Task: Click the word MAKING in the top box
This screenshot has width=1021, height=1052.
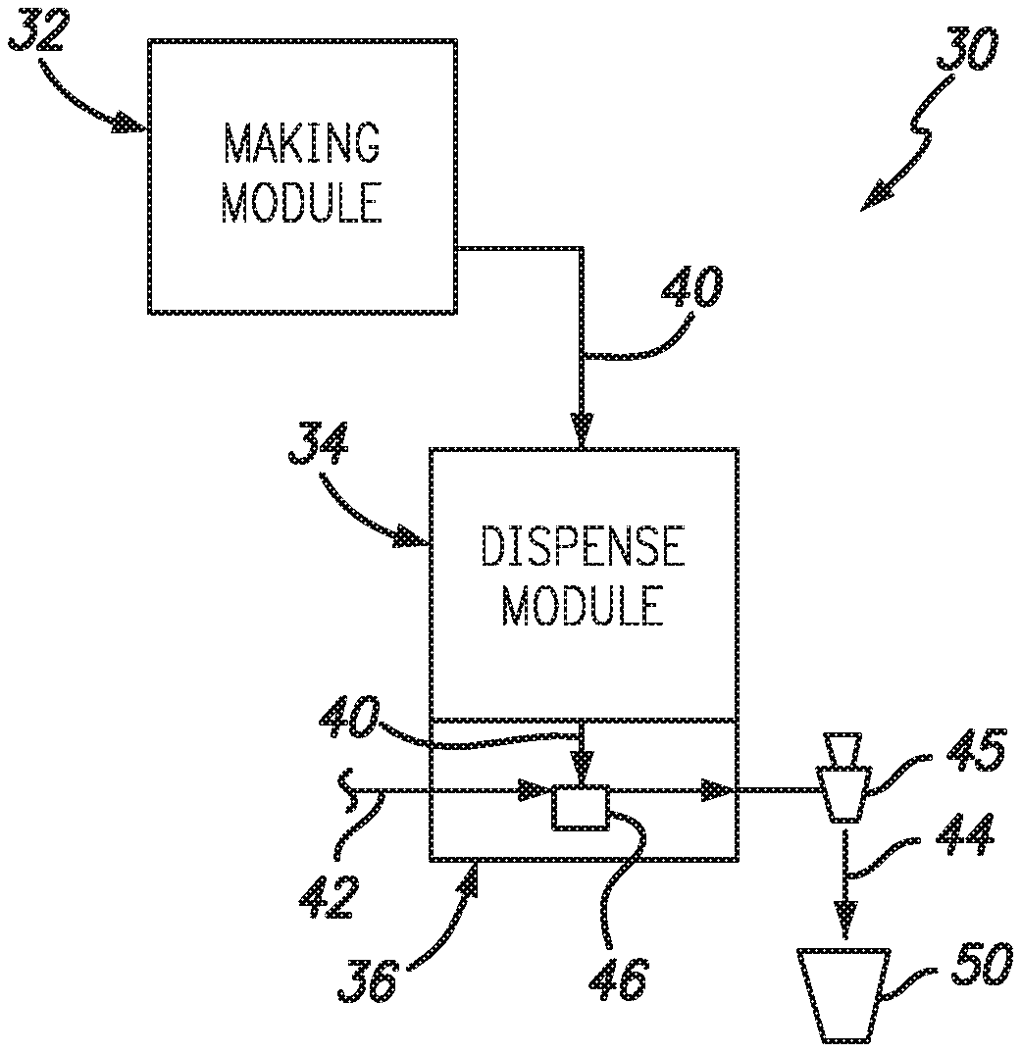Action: [301, 144]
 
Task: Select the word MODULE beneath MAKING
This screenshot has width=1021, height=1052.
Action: [301, 203]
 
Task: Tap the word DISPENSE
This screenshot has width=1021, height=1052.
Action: [582, 548]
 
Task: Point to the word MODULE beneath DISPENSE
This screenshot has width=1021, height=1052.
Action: [582, 606]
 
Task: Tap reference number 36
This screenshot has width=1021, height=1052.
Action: [369, 977]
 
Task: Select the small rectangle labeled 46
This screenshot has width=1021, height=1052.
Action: [580, 807]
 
